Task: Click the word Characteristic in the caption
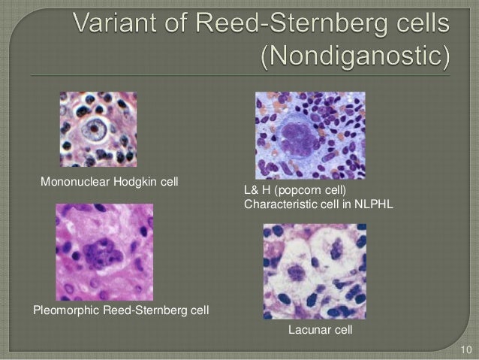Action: pos(278,203)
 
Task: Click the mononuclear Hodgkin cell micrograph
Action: pos(98,129)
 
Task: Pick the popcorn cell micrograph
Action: pos(309,135)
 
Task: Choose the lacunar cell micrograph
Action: pos(315,271)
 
